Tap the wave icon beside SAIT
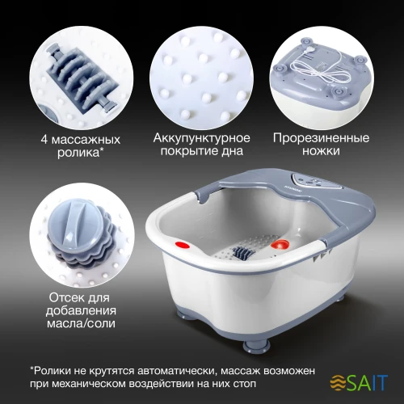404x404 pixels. point(338,383)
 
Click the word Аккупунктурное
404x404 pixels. point(202,138)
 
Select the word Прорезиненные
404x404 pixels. point(321,138)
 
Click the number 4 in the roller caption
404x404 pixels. point(44,140)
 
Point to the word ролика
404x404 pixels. point(78,153)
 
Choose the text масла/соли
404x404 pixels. point(81,323)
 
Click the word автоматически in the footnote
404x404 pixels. point(177,371)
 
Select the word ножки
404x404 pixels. point(321,151)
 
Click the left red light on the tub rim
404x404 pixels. point(183,246)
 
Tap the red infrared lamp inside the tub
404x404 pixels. point(280,245)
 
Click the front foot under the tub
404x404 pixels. point(256,345)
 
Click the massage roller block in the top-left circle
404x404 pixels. point(82,78)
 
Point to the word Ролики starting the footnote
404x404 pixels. point(53,371)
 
